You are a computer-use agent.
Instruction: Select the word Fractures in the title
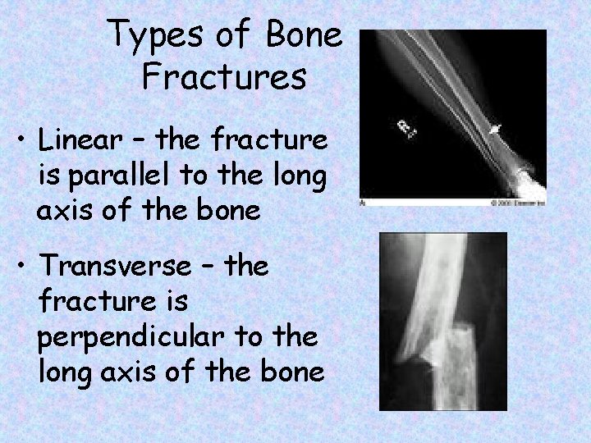[x=224, y=78]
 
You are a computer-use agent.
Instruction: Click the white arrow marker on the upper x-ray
[x=496, y=127]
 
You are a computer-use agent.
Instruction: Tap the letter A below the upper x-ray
[x=364, y=201]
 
